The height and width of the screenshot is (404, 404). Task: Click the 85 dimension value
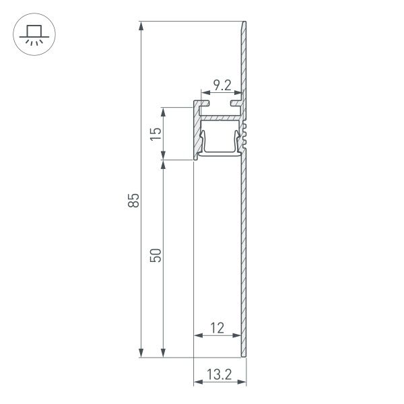click(x=134, y=200)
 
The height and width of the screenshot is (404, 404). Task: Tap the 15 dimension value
click(x=156, y=133)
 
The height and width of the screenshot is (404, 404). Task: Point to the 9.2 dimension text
click(x=222, y=85)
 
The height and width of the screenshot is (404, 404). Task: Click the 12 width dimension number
click(x=217, y=328)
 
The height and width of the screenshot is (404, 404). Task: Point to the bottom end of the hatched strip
click(x=244, y=353)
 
